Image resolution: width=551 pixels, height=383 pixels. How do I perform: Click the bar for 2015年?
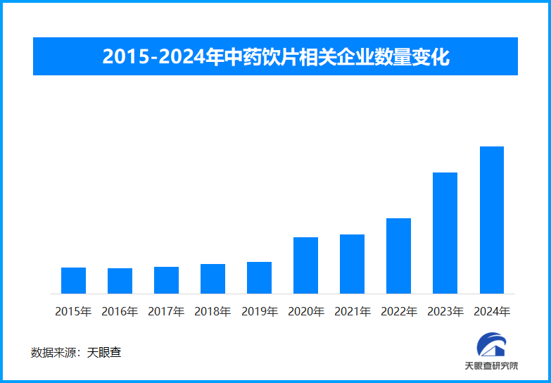point(73,280)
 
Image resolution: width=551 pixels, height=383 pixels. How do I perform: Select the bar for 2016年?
point(120,281)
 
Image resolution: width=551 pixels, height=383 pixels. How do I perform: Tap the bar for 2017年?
point(166,280)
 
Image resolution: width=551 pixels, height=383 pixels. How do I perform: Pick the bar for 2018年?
point(213,279)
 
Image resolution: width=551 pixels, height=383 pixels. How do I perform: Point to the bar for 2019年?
point(259,277)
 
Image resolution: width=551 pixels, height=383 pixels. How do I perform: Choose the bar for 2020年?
point(305,265)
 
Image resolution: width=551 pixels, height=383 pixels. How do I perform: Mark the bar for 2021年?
point(352,264)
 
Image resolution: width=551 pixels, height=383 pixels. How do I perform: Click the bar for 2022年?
point(398,256)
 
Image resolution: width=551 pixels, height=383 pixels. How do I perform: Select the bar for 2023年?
point(445,233)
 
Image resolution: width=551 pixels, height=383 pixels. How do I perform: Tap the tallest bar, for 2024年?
point(491,220)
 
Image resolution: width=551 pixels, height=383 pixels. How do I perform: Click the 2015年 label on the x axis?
point(73,311)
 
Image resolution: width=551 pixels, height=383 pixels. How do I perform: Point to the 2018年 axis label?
point(213,311)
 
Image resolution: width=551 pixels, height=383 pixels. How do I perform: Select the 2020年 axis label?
point(305,311)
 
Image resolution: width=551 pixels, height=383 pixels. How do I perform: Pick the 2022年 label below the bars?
point(398,311)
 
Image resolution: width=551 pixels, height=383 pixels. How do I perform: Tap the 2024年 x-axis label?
point(491,311)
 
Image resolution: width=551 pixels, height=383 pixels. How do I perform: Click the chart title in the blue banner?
point(275,56)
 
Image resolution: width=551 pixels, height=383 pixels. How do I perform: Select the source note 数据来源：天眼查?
point(76,352)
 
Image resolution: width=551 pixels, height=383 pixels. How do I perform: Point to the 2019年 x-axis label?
point(259,311)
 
